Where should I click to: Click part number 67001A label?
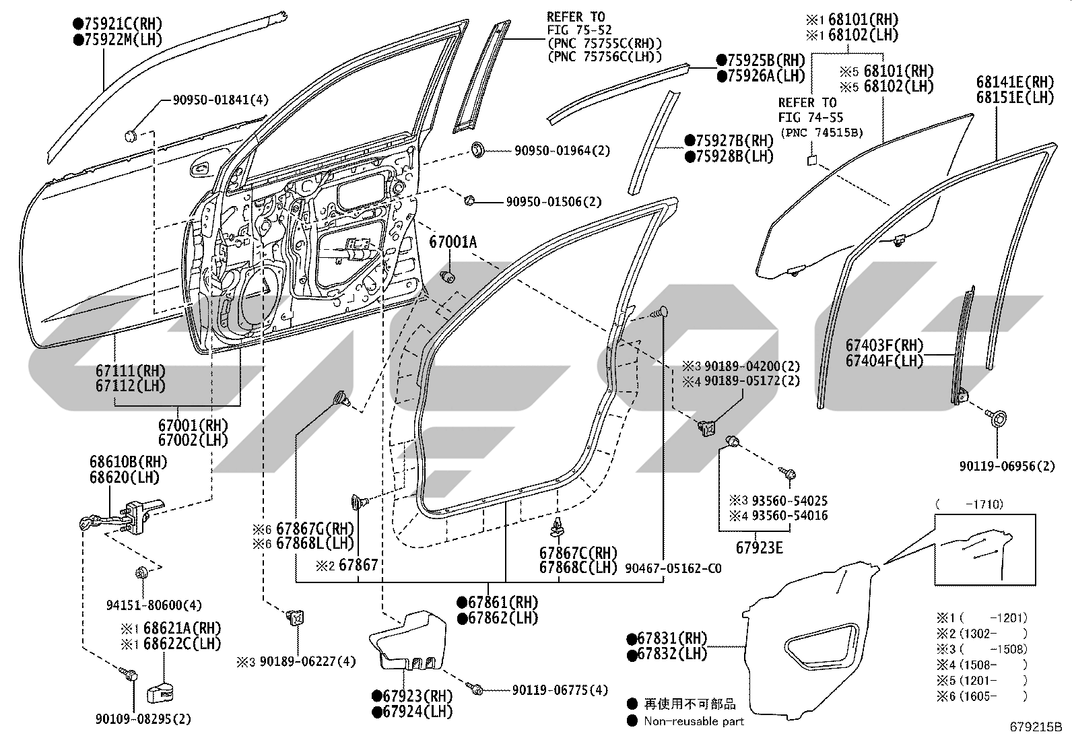click(453, 242)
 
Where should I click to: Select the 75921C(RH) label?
click(118, 24)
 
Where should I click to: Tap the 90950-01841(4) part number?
click(221, 100)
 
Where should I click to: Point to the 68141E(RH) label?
click(1015, 82)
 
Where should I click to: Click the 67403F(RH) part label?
click(884, 345)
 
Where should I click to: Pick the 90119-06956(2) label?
click(1007, 466)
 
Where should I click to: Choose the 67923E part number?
click(759, 547)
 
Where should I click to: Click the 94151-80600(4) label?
click(154, 605)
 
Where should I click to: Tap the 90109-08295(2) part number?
click(143, 719)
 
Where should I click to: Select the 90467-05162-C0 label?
click(673, 568)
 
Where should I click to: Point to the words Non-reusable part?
click(694, 721)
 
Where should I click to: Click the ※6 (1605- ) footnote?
click(982, 696)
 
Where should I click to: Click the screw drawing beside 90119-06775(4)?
click(477, 689)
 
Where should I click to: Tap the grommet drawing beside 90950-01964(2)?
click(477, 149)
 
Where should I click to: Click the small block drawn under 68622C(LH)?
click(160, 693)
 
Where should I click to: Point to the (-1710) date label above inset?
click(969, 504)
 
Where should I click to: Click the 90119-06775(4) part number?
click(560, 689)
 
